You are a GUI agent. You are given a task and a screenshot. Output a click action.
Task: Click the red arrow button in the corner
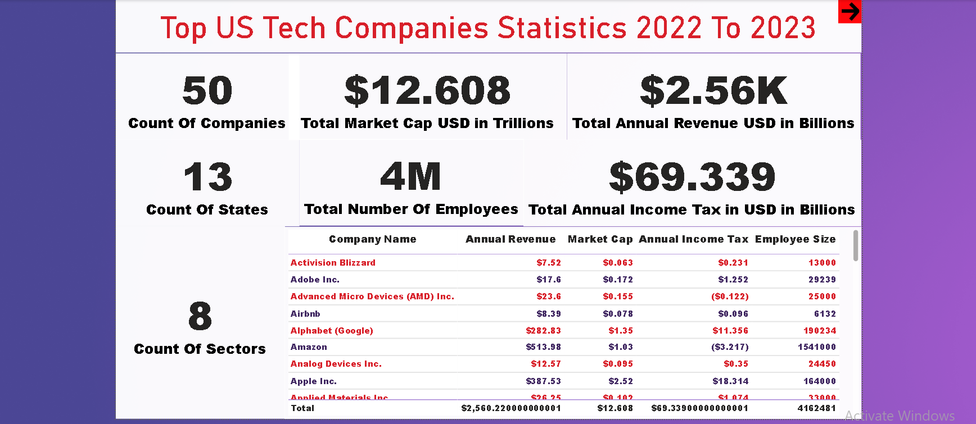850,11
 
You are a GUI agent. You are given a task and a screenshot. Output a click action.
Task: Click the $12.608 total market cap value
427,91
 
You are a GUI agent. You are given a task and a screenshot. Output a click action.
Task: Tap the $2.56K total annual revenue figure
713,91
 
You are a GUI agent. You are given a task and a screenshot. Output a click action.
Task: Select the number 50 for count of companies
207,91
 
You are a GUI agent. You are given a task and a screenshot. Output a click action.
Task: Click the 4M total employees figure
410,177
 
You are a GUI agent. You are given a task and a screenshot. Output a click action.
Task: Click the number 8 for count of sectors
200,316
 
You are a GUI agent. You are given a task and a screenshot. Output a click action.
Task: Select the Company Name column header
372,239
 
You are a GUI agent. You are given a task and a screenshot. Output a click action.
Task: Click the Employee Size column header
795,239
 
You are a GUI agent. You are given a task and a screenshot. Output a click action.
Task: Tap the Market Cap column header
600,239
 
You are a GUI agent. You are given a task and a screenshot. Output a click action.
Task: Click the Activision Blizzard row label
333,263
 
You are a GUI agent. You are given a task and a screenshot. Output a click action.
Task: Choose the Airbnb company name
305,314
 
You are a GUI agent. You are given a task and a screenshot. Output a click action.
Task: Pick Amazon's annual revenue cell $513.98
543,347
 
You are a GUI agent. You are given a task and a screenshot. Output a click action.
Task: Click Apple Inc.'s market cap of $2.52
621,381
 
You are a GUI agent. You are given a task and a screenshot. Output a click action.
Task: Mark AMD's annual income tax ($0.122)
730,297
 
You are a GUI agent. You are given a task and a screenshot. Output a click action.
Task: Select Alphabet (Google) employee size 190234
819,331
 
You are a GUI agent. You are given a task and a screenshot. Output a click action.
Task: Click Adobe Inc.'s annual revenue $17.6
548,280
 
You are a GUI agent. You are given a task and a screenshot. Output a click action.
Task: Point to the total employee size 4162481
816,408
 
